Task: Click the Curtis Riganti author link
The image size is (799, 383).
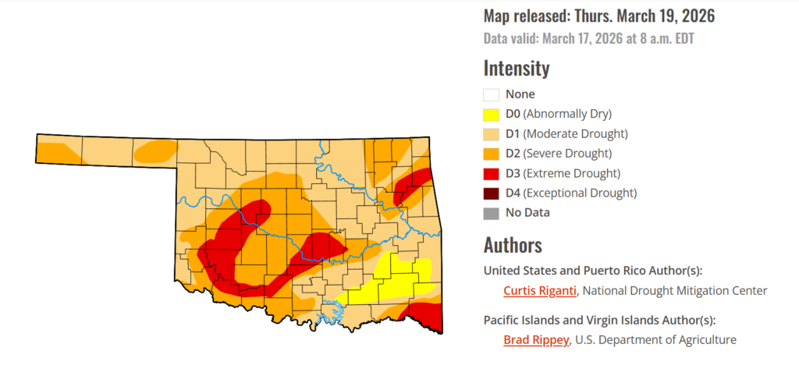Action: pos(540,291)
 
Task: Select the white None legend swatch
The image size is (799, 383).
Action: pos(491,94)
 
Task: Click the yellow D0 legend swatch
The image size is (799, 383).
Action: pos(491,114)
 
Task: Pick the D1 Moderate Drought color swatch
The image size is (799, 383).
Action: pos(491,133)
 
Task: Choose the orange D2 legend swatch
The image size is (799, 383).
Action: pos(491,153)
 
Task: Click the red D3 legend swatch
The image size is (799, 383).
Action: pos(491,172)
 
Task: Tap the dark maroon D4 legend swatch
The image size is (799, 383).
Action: pos(491,192)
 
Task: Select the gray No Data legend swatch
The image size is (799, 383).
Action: pos(491,211)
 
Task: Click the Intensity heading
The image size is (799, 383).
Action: pos(517,68)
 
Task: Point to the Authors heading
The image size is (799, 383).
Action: pos(513,245)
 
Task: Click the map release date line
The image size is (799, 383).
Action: pos(599,16)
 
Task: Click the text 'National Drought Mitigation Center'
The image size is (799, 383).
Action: pos(675,291)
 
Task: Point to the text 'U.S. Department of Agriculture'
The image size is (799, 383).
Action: pos(655,339)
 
